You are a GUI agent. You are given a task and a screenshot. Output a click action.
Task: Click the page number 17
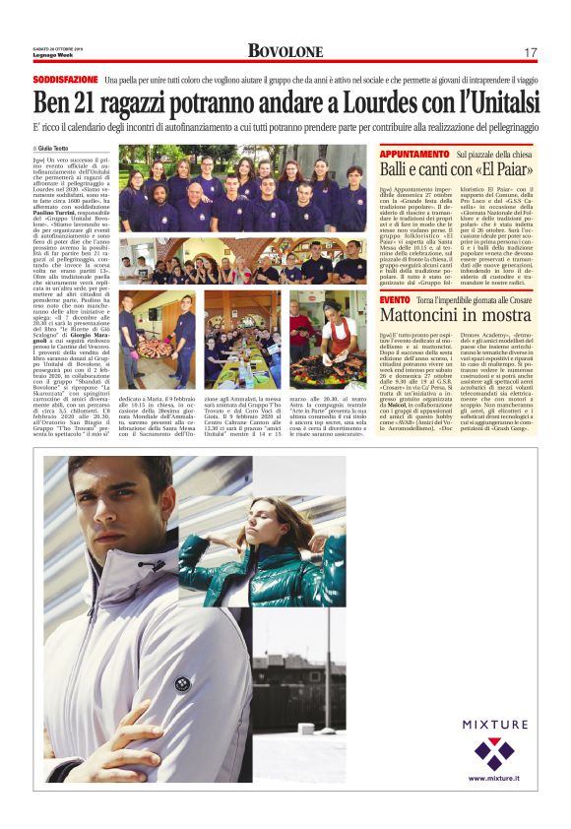531,52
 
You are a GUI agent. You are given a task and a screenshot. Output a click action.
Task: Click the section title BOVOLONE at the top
285,51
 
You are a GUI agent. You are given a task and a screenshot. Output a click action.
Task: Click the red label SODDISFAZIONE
65,78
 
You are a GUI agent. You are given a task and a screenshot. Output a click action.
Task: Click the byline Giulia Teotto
58,148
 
